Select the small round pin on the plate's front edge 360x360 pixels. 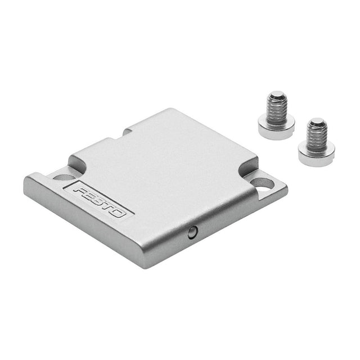coord(192,232)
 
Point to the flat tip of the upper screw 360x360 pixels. coord(277,94)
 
